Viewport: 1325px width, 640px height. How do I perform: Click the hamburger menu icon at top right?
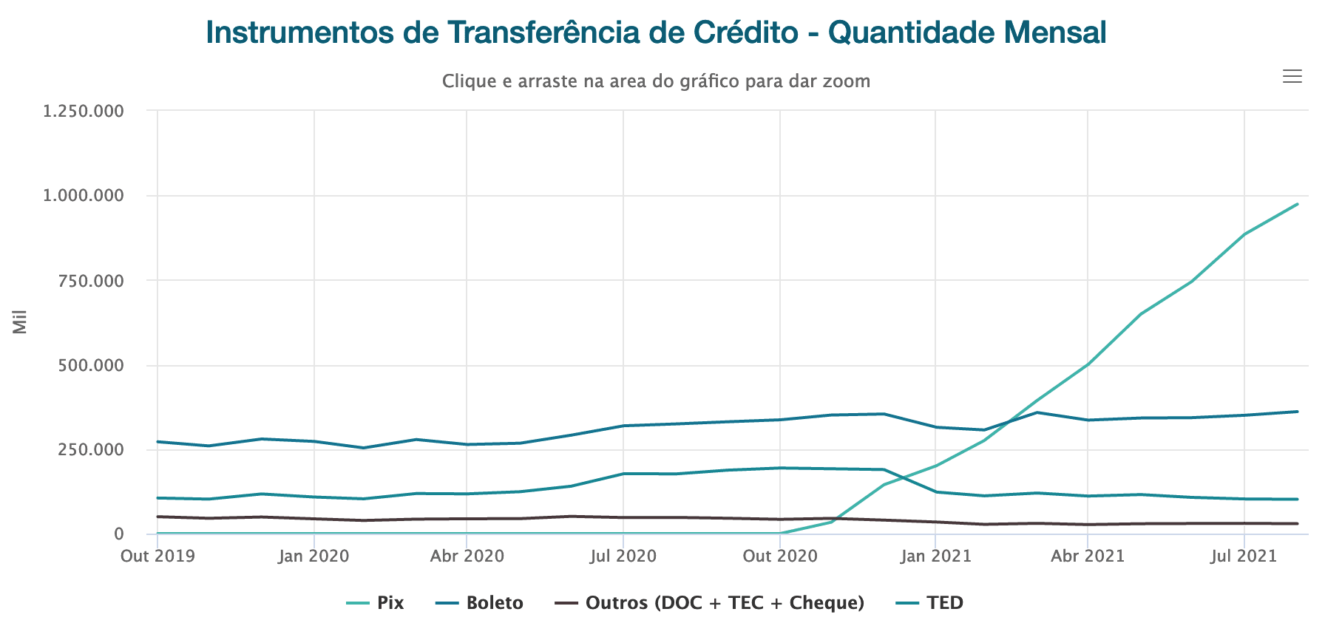(1292, 76)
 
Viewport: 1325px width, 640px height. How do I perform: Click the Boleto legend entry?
(480, 603)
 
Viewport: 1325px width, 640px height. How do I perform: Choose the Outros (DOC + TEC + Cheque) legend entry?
(710, 603)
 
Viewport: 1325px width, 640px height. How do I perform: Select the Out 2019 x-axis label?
(157, 556)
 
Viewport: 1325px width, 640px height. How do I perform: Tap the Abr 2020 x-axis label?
(467, 556)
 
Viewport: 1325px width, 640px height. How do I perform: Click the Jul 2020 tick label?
(623, 556)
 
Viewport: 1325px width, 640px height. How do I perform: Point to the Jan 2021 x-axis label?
(935, 556)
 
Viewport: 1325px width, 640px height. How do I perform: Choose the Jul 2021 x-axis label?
(1244, 556)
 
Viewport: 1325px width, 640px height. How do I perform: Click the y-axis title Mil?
(20, 322)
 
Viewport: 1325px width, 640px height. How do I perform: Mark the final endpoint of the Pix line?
(1298, 204)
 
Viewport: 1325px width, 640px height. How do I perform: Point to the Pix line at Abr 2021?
(1088, 364)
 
